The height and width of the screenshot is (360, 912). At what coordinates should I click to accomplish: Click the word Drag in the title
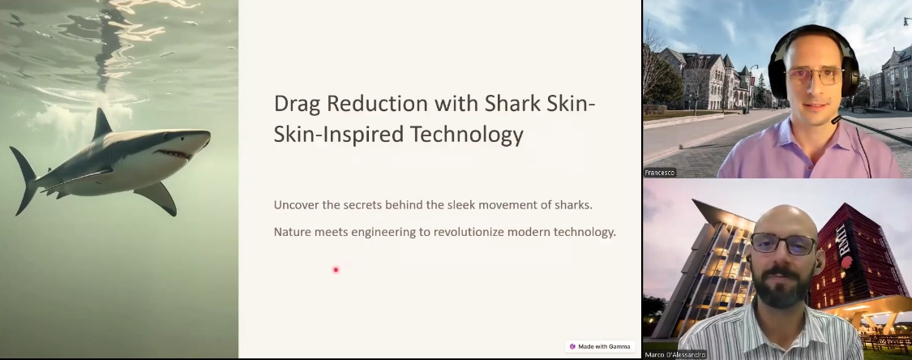[298, 104]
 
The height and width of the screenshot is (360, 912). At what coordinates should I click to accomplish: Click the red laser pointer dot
[336, 270]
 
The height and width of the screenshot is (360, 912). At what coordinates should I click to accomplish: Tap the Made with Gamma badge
[600, 347]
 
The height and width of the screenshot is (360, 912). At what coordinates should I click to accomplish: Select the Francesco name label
[660, 173]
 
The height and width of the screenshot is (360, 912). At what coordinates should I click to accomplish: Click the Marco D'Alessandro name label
[674, 355]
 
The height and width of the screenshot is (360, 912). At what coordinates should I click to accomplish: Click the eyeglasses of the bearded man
[784, 244]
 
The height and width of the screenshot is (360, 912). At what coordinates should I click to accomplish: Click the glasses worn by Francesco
[814, 75]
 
